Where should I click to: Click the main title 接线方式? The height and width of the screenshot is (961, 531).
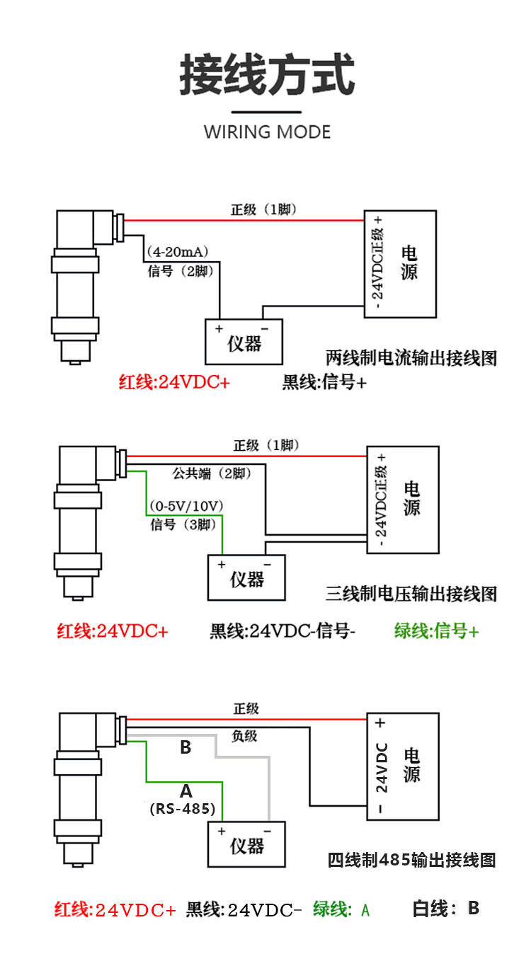point(267,74)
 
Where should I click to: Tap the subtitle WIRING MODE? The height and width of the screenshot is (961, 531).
point(267,132)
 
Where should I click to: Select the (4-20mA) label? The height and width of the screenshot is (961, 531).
point(177,251)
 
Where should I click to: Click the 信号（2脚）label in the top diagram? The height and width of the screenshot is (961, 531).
point(181,271)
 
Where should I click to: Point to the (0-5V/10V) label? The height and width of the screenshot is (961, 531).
point(186,506)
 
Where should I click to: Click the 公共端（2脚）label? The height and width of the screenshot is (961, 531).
point(212,473)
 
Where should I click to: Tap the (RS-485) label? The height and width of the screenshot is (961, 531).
point(183,809)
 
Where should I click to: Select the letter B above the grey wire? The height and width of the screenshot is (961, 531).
point(185,747)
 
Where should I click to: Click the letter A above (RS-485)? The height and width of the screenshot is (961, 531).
point(186,790)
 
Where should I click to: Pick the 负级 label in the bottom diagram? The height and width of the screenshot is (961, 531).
point(244,736)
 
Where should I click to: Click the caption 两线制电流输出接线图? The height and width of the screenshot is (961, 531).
point(411,358)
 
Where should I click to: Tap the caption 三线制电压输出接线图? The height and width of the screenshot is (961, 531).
point(411,594)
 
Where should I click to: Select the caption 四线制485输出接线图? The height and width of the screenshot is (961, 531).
point(411,860)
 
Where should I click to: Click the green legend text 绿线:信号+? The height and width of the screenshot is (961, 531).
point(436,631)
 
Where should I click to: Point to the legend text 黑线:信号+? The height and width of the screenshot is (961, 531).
point(324,382)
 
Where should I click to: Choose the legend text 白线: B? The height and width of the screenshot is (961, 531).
point(445,908)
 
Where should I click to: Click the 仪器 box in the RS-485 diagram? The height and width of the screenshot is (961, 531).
point(246,844)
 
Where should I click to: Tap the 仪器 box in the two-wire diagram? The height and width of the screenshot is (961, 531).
point(244,342)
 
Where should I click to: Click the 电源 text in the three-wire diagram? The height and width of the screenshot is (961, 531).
point(411,498)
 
